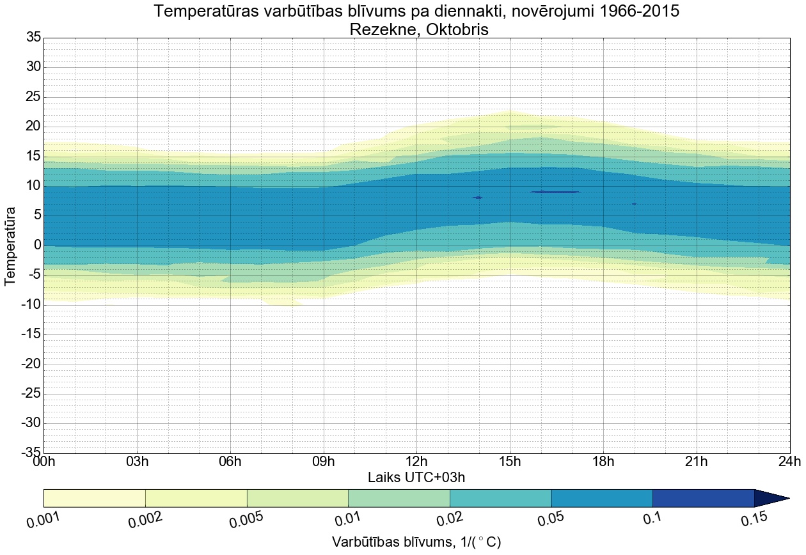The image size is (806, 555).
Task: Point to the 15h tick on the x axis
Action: [x=510, y=462]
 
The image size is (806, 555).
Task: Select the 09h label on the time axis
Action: [x=324, y=462]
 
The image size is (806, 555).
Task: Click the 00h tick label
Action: [x=44, y=462]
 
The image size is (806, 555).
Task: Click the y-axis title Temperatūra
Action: [x=11, y=246]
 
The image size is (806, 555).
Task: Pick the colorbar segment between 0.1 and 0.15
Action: [x=703, y=498]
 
